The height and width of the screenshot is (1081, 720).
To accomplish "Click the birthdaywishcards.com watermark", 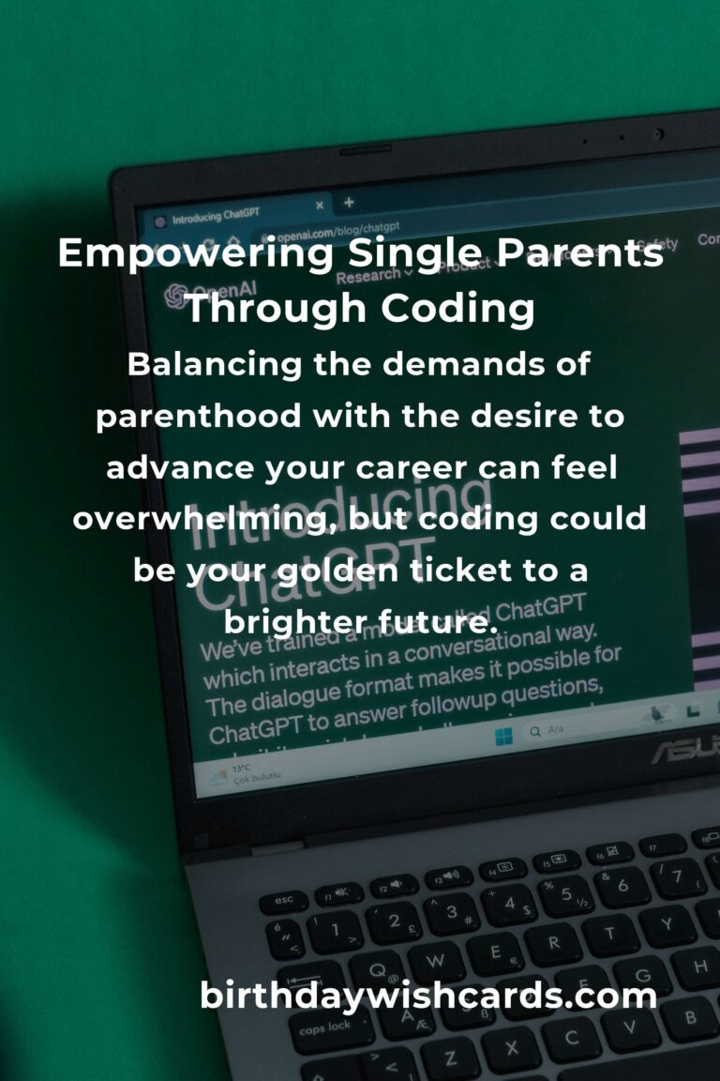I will (428, 996).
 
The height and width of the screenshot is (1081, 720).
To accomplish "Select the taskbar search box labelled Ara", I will (562, 728).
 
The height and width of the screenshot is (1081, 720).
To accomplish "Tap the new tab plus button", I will (349, 202).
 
